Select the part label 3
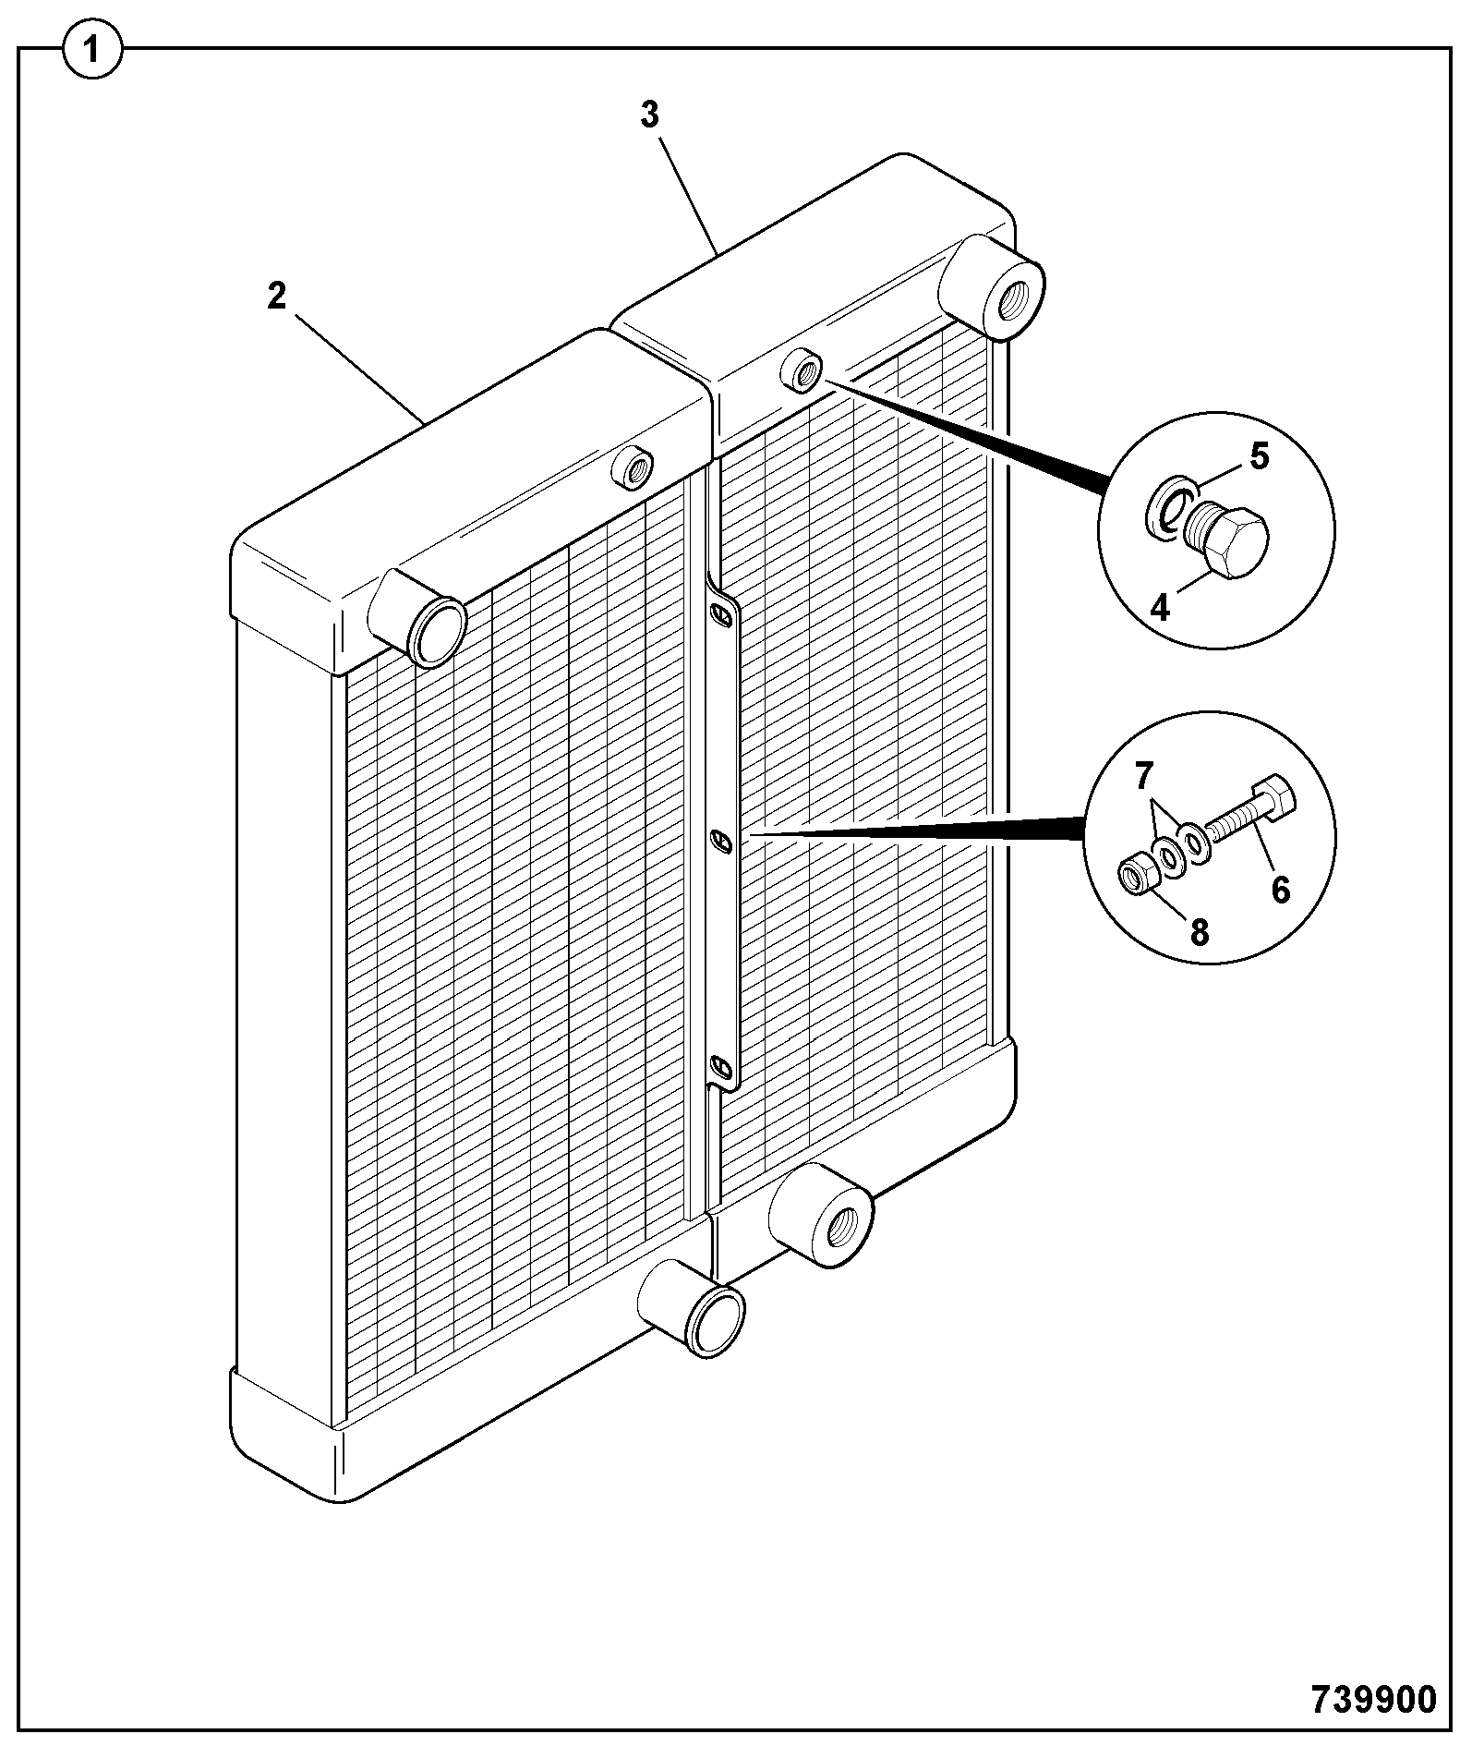click(x=651, y=115)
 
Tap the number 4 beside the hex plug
click(x=1161, y=607)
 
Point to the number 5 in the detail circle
click(x=1260, y=457)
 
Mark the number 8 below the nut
click(x=1199, y=932)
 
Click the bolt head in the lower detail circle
click(x=1273, y=797)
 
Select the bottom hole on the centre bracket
click(x=721, y=1069)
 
